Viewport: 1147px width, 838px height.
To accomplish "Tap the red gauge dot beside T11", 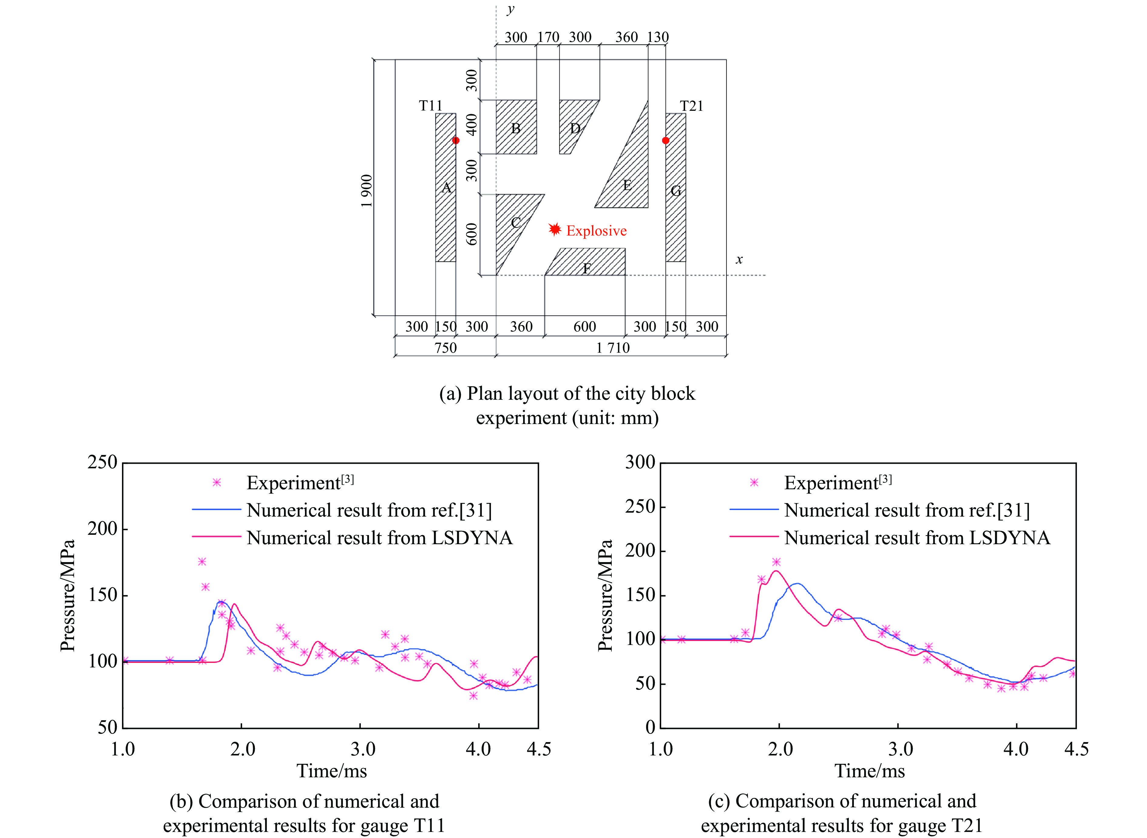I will (456, 141).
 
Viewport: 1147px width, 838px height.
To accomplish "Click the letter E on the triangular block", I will (627, 185).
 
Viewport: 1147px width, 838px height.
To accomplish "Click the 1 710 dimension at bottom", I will (613, 348).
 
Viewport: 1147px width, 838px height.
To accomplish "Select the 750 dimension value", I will (446, 348).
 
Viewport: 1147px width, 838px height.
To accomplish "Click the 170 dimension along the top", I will (548, 37).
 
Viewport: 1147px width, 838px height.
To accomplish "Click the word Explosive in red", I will (596, 231).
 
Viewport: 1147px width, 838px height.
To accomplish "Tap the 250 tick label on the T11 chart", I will (103, 462).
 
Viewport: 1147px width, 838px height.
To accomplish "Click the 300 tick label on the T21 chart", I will (640, 462).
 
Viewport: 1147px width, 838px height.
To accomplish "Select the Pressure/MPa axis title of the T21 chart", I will (605, 595).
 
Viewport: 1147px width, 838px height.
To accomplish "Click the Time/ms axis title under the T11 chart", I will (332, 771).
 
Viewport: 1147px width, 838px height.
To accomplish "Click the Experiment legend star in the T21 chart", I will (754, 482).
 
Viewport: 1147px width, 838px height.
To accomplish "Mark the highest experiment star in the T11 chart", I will (202, 561).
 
